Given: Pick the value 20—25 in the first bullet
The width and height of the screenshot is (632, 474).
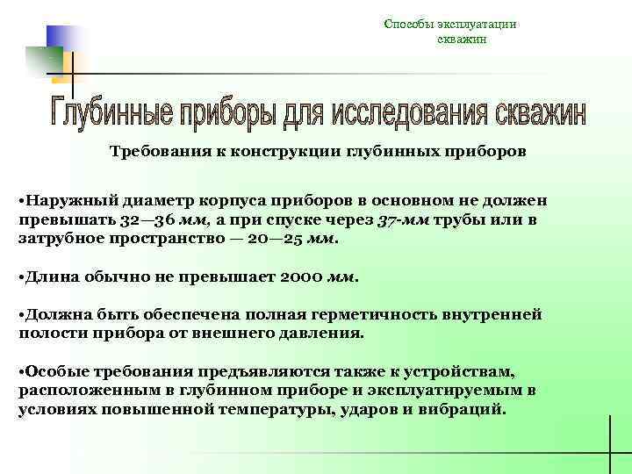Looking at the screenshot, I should pos(269,238).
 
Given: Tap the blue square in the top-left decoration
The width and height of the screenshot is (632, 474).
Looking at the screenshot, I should pos(61,39).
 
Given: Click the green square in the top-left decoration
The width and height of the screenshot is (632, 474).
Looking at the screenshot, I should pos(43,61).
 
